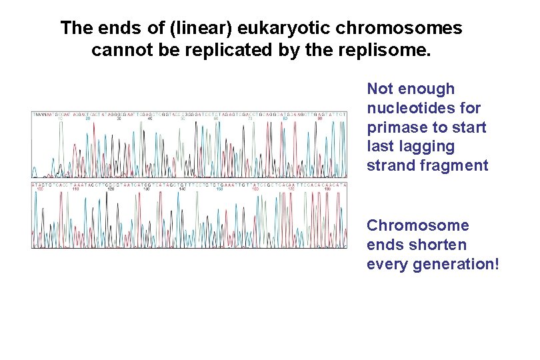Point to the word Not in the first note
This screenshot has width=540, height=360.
[x=380, y=89]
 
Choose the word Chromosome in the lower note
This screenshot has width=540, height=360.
[x=418, y=225]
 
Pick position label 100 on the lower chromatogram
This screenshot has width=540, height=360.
[x=39, y=189]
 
